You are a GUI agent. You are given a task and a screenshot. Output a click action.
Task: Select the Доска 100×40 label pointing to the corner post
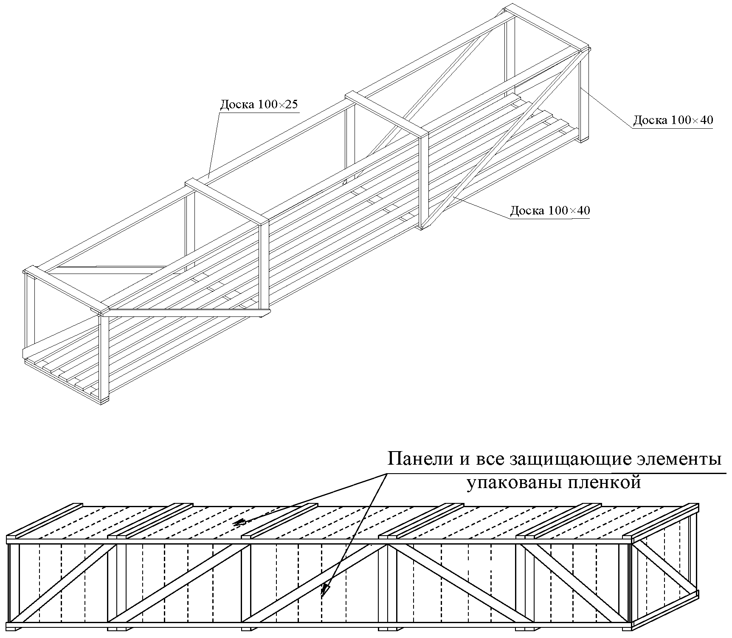pyautogui.click(x=673, y=120)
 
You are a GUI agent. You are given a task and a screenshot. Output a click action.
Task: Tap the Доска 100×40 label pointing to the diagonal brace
pyautogui.click(x=550, y=210)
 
